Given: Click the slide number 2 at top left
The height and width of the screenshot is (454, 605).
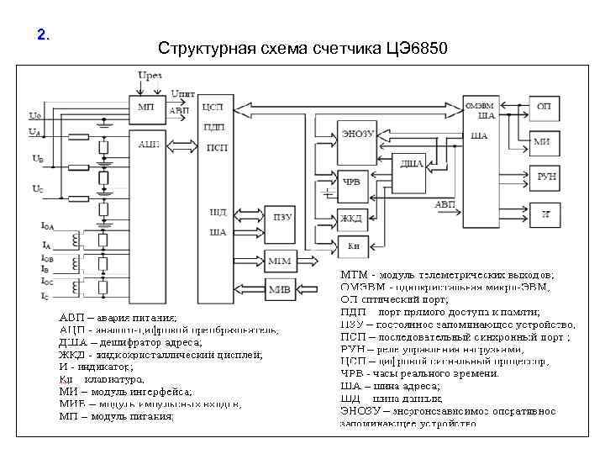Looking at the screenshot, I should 44,35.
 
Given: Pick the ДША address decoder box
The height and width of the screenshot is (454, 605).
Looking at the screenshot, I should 411,164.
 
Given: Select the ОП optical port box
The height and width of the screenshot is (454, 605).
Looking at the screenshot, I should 544,107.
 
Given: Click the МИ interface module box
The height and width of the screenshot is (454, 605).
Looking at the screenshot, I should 544,141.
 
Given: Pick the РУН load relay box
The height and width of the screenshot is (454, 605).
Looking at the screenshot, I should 545,176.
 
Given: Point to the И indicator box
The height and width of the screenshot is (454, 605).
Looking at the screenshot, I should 545,215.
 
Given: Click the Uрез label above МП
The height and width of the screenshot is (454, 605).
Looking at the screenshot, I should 150,76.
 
